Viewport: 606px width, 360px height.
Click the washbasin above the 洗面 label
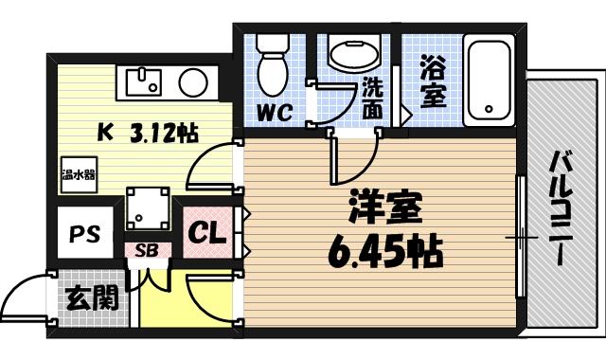point(353,52)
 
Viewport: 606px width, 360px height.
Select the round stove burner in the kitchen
point(194,80)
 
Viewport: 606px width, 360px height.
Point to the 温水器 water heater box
point(79,174)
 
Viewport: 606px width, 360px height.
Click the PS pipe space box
point(84,232)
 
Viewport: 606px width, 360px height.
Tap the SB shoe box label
point(147,251)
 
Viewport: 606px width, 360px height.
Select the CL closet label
point(206,232)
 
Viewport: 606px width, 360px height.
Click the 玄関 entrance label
point(92,299)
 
